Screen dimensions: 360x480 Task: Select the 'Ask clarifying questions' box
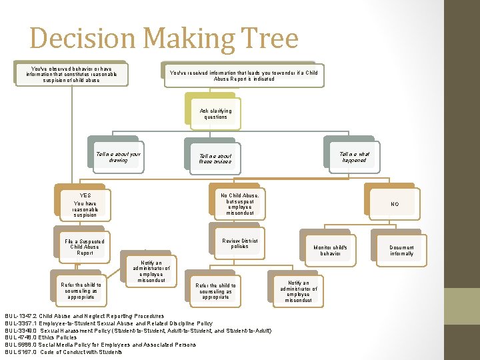pyautogui.click(x=215, y=114)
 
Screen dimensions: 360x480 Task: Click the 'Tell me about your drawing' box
pyautogui.click(x=118, y=157)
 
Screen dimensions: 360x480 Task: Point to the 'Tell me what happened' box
pyautogui.click(x=353, y=157)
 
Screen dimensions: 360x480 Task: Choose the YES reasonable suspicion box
pyautogui.click(x=85, y=205)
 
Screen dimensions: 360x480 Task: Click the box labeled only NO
pyautogui.click(x=394, y=204)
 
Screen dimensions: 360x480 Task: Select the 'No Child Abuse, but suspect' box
pyautogui.click(x=239, y=204)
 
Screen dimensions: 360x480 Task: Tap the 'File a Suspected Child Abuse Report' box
pyautogui.click(x=85, y=247)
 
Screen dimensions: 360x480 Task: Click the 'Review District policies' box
pyautogui.click(x=239, y=244)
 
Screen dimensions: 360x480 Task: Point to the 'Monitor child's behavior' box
pyautogui.click(x=330, y=251)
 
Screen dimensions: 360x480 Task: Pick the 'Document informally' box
pyautogui.click(x=401, y=251)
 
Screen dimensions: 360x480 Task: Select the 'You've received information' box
pyautogui.click(x=243, y=75)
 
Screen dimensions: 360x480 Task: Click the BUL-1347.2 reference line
pyautogui.click(x=84, y=316)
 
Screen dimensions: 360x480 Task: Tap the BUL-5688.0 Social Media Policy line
pyautogui.click(x=100, y=345)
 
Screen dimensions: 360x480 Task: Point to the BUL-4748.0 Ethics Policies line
pyautogui.click(x=41, y=337)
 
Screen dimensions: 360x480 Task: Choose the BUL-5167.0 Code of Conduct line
pyautogui.click(x=63, y=352)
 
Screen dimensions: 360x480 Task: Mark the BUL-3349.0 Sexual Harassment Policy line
pyautogui.click(x=137, y=330)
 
